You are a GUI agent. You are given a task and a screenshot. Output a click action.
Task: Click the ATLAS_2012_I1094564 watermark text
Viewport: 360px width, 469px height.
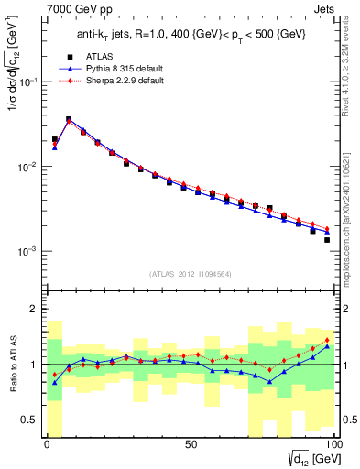coord(189,273)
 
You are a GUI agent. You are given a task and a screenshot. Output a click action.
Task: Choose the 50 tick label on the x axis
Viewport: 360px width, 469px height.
coord(190,447)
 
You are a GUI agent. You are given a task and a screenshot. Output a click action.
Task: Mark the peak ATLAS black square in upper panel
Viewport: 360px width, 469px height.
coord(69,119)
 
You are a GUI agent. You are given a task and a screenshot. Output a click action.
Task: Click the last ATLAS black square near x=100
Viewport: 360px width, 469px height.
coord(327,240)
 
